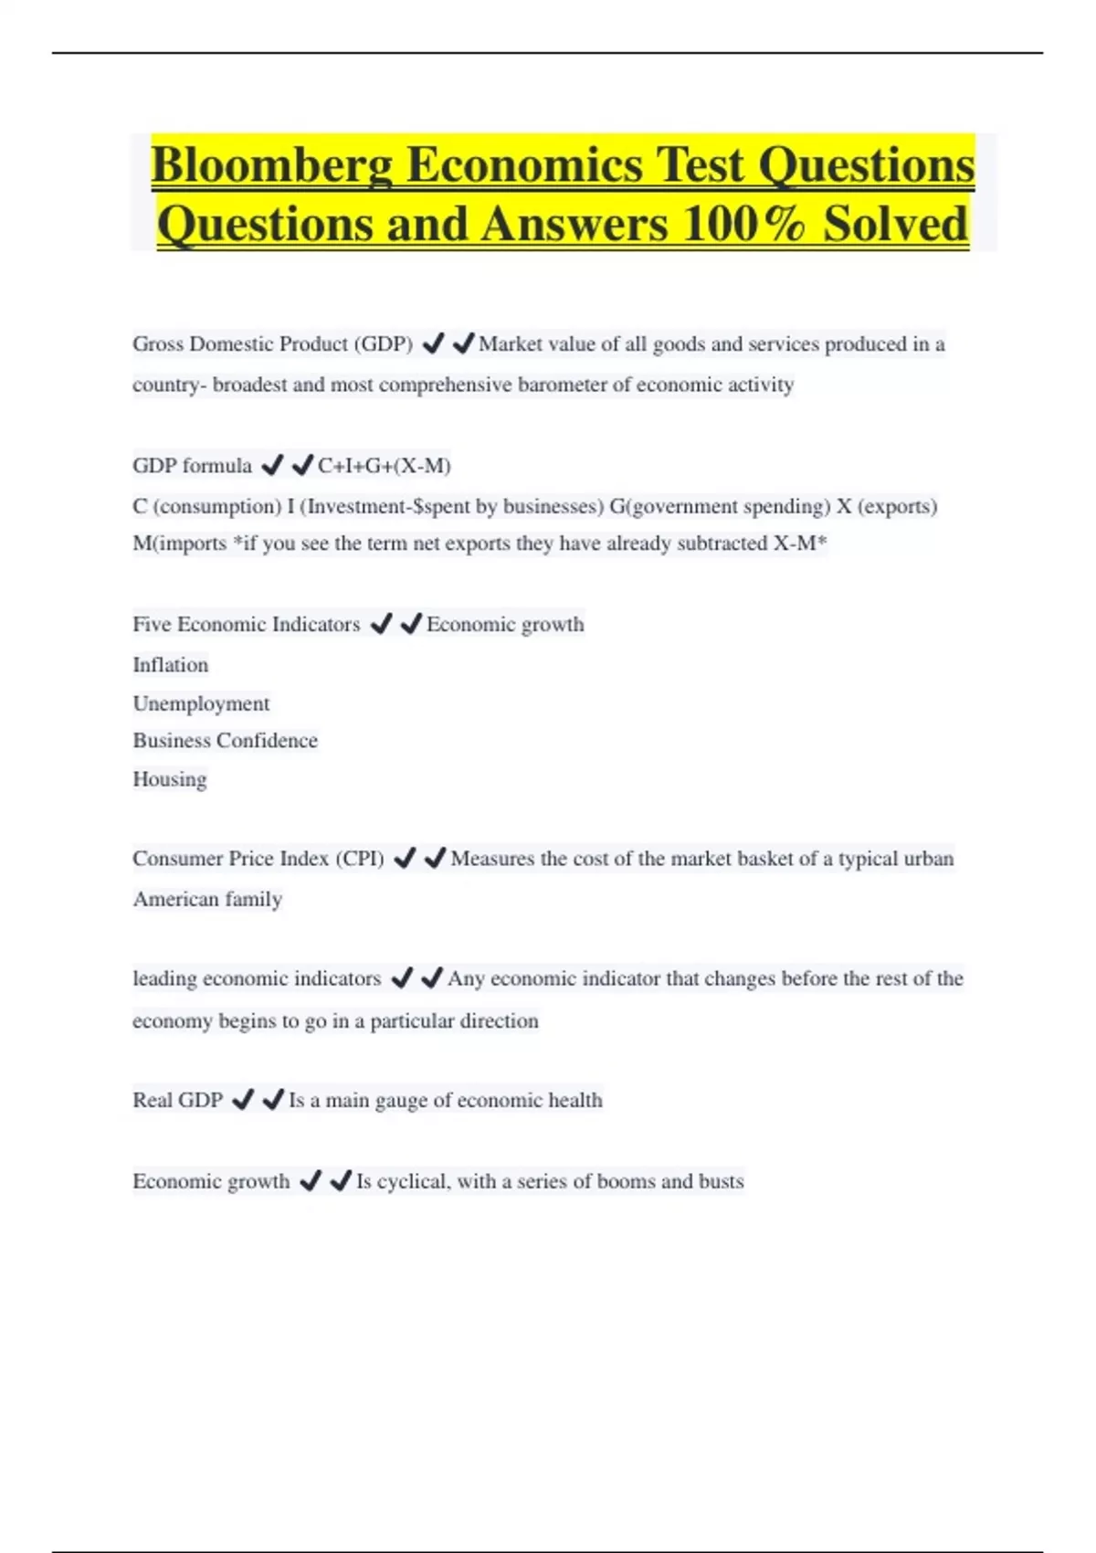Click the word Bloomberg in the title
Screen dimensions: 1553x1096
[271, 165]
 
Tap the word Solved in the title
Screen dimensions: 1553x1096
[895, 224]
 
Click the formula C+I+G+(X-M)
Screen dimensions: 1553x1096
[385, 466]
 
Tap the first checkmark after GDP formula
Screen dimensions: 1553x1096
[272, 466]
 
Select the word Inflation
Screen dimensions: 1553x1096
[171, 665]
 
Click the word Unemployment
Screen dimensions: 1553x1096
[201, 703]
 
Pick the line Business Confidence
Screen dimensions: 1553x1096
[226, 741]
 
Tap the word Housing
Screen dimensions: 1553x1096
[170, 779]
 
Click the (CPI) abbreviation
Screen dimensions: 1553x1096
[360, 859]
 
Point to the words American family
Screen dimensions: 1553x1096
[207, 900]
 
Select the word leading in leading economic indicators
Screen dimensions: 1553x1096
[164, 979]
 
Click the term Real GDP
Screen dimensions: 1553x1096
[177, 1101]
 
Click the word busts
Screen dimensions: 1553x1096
[721, 1182]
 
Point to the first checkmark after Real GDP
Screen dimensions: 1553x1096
[243, 1101]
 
